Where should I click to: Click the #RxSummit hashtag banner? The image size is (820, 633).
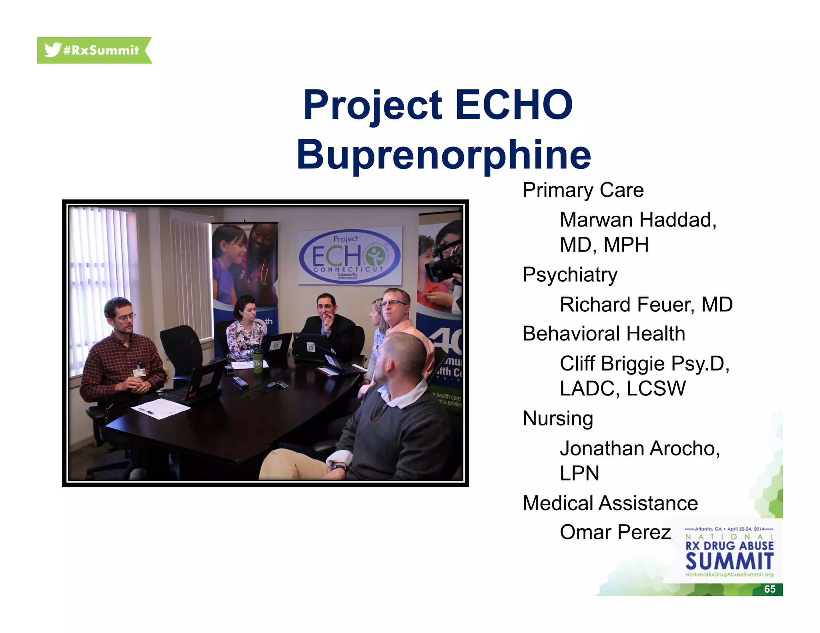(x=94, y=50)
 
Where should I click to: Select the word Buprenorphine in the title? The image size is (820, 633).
(x=444, y=155)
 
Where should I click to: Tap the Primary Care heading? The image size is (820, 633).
(x=583, y=190)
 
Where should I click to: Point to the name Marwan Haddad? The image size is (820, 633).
(x=638, y=220)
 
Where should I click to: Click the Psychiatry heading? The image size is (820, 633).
(x=570, y=275)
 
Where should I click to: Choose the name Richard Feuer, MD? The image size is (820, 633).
(x=646, y=305)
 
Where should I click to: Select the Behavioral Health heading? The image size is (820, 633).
(x=604, y=334)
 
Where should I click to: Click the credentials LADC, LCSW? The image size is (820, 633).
(x=623, y=389)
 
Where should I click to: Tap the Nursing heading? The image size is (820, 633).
(x=558, y=419)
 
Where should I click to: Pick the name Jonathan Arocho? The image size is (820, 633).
(x=639, y=449)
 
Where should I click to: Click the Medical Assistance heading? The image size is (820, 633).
(x=610, y=503)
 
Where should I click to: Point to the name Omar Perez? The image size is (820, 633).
(x=615, y=533)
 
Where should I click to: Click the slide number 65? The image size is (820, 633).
(x=770, y=589)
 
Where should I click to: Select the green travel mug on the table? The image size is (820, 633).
(x=257, y=361)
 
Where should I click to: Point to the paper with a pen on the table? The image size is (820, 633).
(x=161, y=409)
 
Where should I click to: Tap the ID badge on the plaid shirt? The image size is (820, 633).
(x=139, y=372)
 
